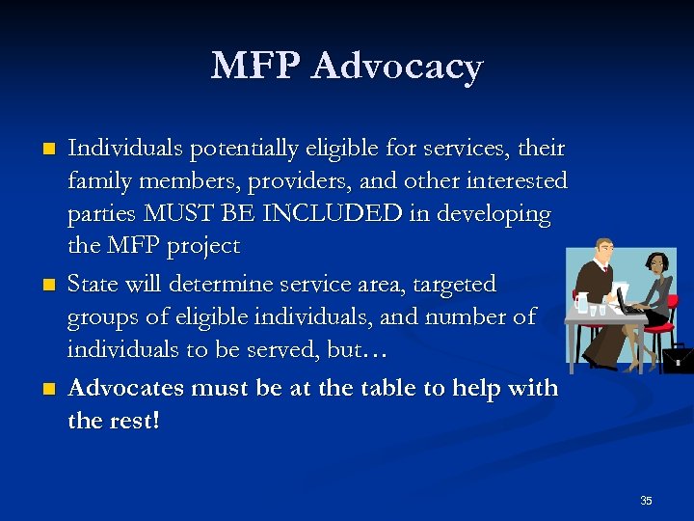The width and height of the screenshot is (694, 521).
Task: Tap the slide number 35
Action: [x=646, y=500]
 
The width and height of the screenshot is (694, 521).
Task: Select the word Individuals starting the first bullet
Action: [x=126, y=149]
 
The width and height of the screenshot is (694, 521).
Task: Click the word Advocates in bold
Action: [x=127, y=388]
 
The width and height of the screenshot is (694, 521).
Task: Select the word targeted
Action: [x=452, y=284]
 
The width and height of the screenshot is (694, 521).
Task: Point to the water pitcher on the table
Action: [x=581, y=303]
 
